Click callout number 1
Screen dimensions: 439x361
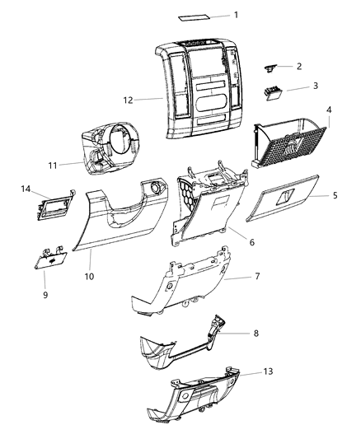click(x=235, y=15)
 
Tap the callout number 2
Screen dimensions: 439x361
click(x=298, y=67)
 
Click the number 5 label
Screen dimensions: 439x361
click(x=335, y=196)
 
